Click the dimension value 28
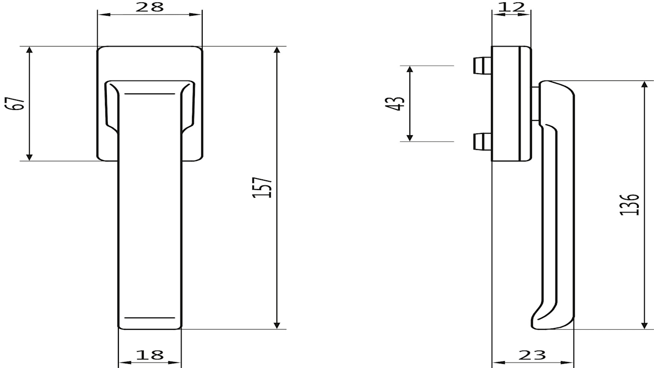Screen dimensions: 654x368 click(150, 7)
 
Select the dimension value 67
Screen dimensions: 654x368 click(15, 103)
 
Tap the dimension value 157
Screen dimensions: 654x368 click(262, 188)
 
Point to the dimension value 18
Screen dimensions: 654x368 click(150, 355)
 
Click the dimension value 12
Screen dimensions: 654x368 click(511, 7)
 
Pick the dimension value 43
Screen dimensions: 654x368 click(395, 104)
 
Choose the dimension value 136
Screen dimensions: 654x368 click(630, 205)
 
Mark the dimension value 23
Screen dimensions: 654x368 click(532, 355)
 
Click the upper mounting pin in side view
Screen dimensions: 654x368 click(482, 65)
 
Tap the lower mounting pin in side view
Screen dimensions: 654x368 click(482, 142)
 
